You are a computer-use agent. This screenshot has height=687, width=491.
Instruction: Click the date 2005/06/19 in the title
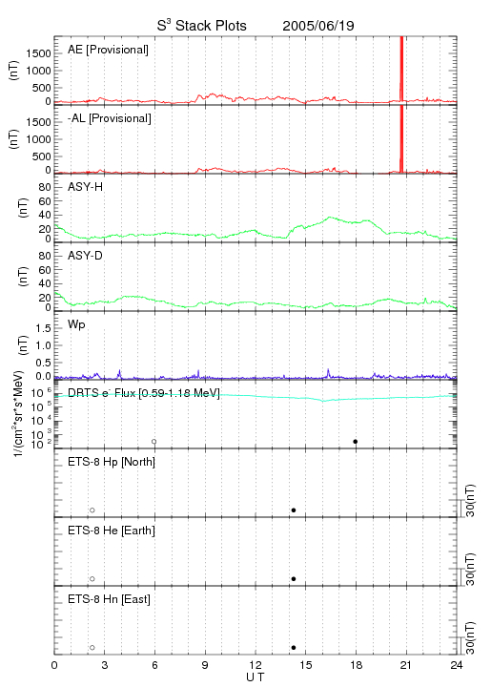tap(318, 26)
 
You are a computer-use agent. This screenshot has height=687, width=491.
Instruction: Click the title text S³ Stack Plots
tap(202, 25)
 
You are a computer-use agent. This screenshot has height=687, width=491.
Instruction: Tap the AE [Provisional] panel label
tap(108, 50)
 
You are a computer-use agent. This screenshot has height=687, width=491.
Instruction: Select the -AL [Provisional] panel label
tap(110, 118)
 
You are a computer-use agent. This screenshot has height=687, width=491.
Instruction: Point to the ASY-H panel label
tap(86, 187)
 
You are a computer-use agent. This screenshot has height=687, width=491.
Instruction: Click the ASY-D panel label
tap(86, 256)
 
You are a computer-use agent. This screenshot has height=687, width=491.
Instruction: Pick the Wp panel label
tap(76, 324)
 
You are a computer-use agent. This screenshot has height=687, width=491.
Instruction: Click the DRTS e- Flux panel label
tap(144, 393)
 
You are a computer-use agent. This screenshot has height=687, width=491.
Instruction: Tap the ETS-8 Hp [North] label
tap(112, 462)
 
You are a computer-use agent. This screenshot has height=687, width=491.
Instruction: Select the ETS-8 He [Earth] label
tap(112, 531)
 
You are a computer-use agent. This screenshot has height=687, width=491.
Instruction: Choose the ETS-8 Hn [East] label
tap(109, 599)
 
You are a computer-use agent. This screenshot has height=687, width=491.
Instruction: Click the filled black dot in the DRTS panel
tap(356, 442)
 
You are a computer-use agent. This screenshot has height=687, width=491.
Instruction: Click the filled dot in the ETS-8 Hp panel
tap(294, 510)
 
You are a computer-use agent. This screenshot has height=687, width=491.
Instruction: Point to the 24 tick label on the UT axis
tap(457, 665)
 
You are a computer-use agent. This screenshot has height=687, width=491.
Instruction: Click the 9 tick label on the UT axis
tap(205, 665)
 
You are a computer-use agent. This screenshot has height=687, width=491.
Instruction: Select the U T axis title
tap(256, 677)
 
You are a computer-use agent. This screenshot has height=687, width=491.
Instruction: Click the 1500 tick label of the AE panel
tap(38, 53)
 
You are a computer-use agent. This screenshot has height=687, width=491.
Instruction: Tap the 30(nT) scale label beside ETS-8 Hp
tap(470, 501)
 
